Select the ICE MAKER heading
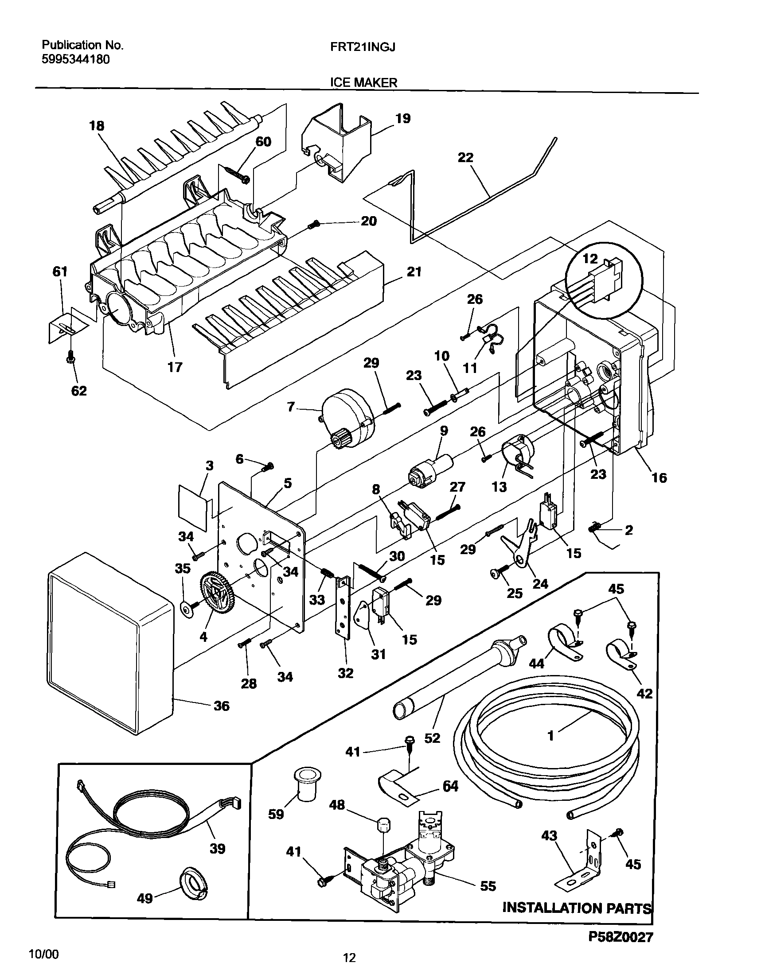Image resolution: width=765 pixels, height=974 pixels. [x=364, y=82]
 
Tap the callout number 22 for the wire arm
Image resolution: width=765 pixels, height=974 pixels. [x=465, y=158]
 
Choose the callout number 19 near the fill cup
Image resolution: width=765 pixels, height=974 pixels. [x=402, y=119]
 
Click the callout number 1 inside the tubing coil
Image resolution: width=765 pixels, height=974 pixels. [x=551, y=735]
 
